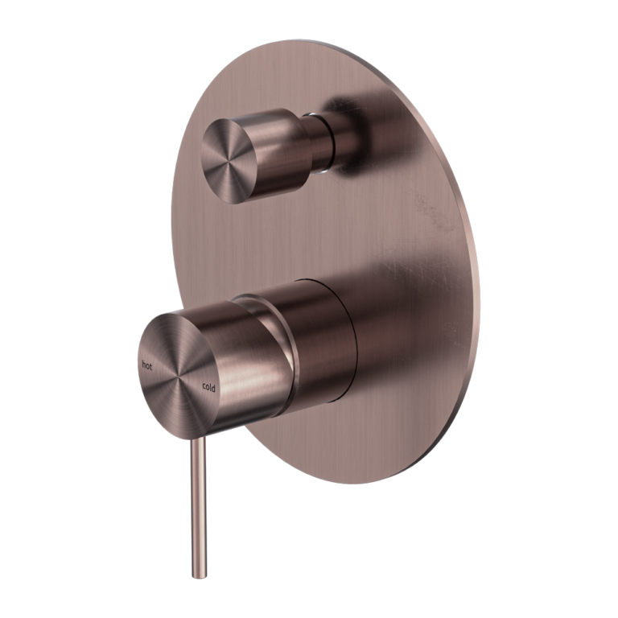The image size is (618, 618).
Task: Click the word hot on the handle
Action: coord(147,365)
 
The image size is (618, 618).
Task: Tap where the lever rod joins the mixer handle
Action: coord(198,435)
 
